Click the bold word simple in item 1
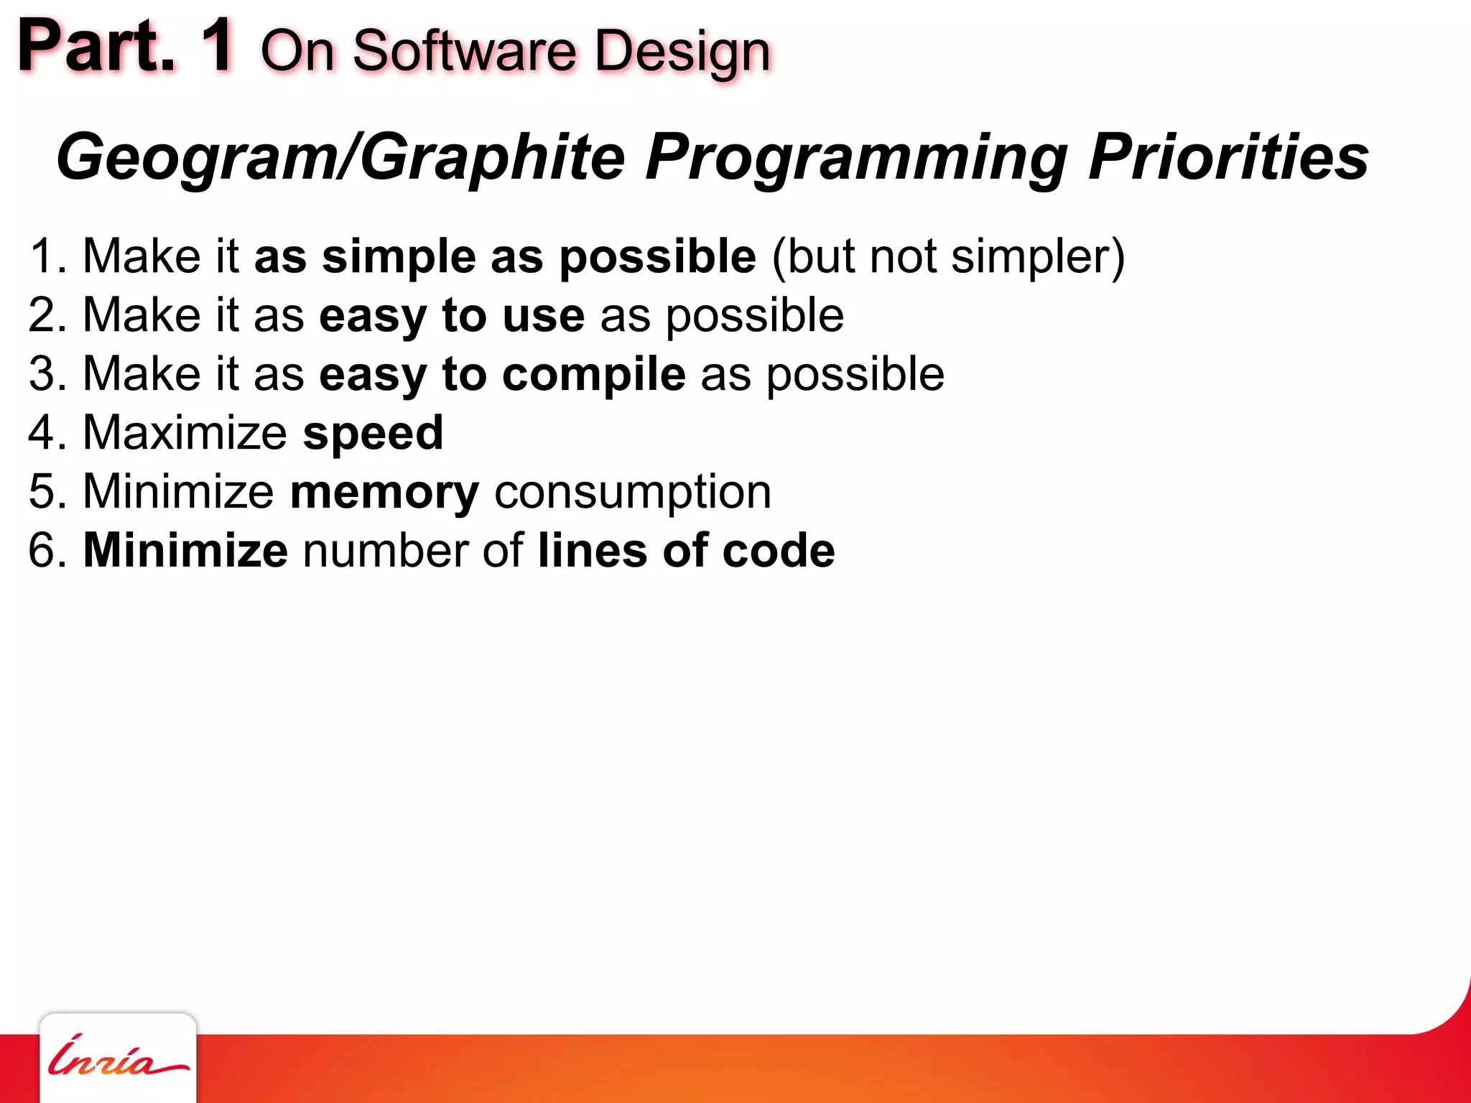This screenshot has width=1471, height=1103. pyautogui.click(x=399, y=257)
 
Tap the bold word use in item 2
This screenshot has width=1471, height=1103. pyautogui.click(x=544, y=316)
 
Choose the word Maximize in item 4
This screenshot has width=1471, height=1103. pyautogui.click(x=185, y=433)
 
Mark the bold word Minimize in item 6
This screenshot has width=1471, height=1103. pyautogui.click(x=185, y=551)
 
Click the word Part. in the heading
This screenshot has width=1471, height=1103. pyautogui.click(x=97, y=47)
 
